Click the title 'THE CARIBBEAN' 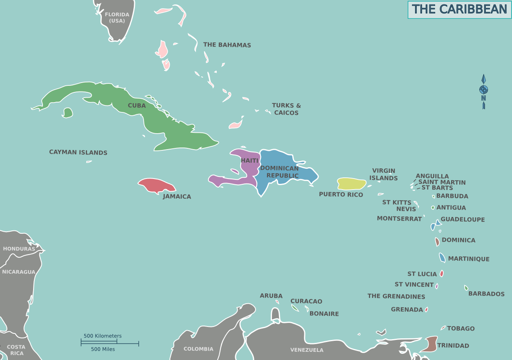(459, 9)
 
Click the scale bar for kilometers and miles (110, 342)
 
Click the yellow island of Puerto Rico (351, 184)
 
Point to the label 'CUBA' (137, 105)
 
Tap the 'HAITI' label (249, 161)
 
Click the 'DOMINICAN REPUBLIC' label (280, 172)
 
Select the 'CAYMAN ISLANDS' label (78, 152)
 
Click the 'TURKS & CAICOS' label (286, 109)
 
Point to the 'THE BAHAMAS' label (227, 45)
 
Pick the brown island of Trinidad (429, 344)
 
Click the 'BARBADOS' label (486, 294)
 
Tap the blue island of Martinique (442, 258)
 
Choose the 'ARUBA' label (271, 296)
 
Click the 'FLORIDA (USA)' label (117, 18)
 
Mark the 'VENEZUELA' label (307, 350)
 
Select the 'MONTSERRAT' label (399, 219)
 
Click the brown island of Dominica (437, 241)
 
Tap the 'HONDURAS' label (19, 249)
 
